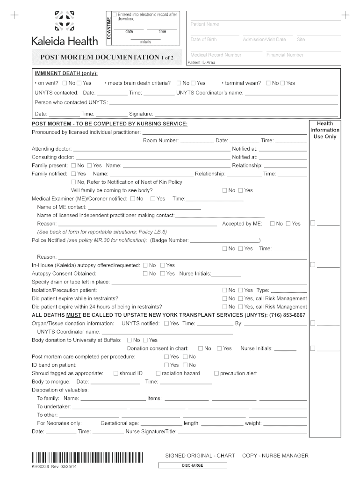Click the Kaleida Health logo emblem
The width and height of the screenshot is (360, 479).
coord(65,21)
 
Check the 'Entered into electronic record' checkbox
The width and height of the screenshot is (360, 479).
coord(115,15)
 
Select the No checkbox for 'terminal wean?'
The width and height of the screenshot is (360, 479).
coord(268,83)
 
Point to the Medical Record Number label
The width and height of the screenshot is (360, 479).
coord(216,55)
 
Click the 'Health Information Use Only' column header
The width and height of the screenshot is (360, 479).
coord(324,130)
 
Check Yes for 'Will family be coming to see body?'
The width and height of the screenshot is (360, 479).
coord(241,190)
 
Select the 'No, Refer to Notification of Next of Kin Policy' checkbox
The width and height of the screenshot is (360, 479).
coord(73,182)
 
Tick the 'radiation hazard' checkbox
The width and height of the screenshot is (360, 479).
coord(158,373)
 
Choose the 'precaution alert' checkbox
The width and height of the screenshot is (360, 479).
coord(216,373)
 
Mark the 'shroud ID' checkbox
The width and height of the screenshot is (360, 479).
coord(115,373)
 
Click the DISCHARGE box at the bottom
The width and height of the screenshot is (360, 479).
coord(193,465)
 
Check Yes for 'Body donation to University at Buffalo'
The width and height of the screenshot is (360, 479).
coord(145,340)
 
